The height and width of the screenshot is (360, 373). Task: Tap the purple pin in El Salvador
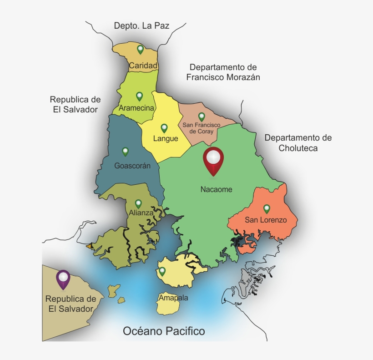(x=63, y=279)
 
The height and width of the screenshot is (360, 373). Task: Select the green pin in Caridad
(x=141, y=49)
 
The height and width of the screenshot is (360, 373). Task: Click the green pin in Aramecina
(x=139, y=96)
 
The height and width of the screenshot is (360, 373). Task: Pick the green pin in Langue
(x=164, y=128)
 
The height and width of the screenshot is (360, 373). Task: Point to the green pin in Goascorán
(x=126, y=152)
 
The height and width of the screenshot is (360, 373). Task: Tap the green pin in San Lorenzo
(x=267, y=209)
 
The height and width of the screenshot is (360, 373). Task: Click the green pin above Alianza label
(x=138, y=203)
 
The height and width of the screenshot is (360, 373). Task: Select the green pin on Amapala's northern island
(x=162, y=272)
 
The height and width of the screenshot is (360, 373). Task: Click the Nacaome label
(x=216, y=189)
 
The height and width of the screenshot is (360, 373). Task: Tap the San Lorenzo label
(x=266, y=220)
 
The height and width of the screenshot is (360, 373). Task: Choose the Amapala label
(x=173, y=298)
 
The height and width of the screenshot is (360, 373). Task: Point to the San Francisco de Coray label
(x=201, y=128)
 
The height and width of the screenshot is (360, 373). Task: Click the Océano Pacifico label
(x=164, y=331)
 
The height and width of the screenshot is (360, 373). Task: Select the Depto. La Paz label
(x=141, y=25)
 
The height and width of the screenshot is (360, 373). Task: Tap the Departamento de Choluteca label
(x=298, y=143)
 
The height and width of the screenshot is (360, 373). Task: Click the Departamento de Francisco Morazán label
(x=223, y=72)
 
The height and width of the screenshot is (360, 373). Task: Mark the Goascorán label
(x=132, y=166)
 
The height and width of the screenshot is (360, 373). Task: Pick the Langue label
(x=166, y=138)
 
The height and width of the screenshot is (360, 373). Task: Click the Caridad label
(x=143, y=66)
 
